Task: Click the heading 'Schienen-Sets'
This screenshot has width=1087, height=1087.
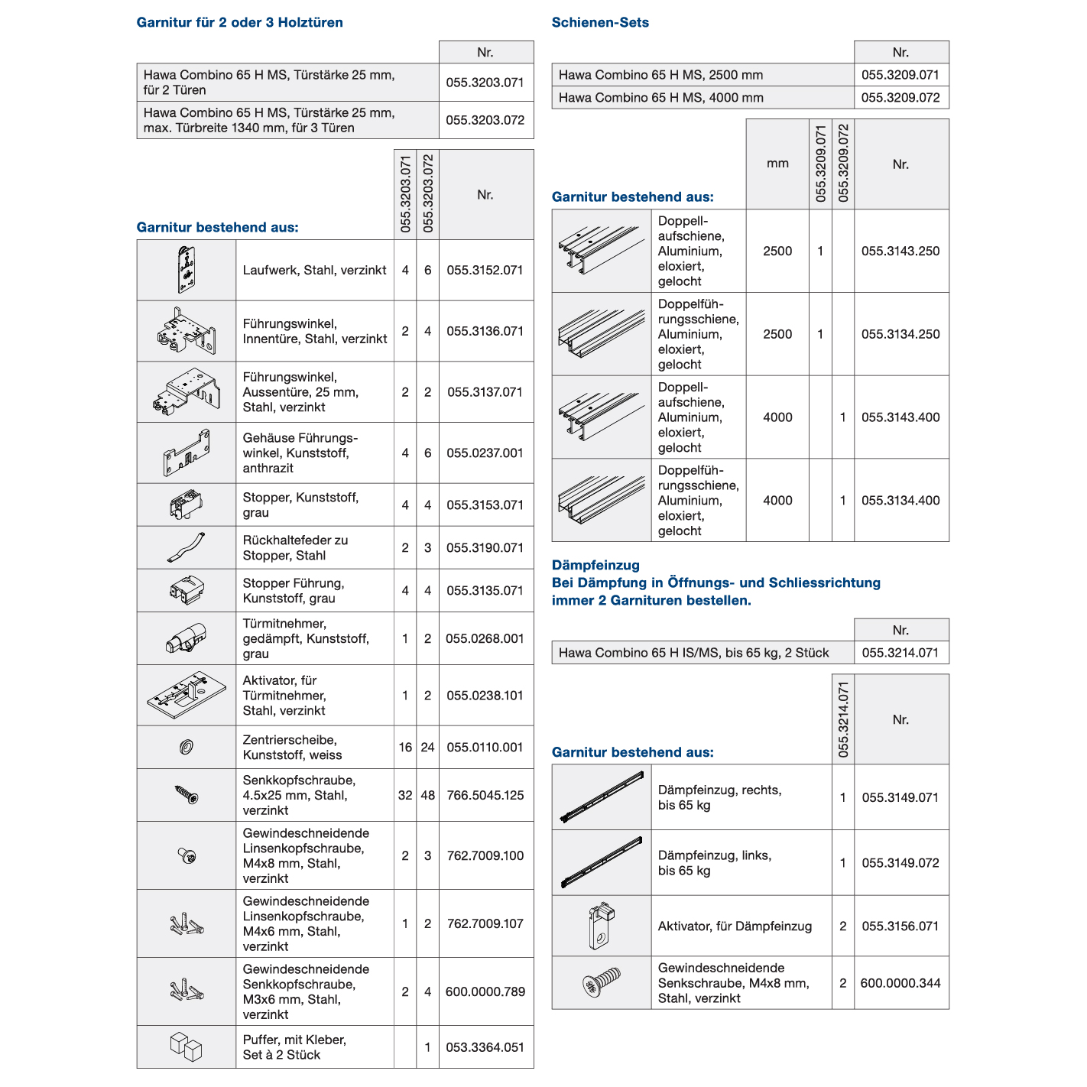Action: [x=600, y=23]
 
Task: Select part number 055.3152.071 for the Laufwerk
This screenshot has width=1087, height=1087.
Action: [x=485, y=271]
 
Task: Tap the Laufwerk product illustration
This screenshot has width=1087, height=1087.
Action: [x=186, y=270]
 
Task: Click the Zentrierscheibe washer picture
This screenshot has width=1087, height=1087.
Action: [x=186, y=747]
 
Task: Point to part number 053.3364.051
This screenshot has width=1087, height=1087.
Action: [x=485, y=1047]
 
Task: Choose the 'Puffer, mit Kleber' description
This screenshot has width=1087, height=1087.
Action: [x=294, y=1047]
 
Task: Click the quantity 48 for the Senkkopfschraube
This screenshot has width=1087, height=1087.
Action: [x=427, y=795]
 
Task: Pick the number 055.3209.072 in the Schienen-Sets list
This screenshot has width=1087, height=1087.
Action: [x=900, y=98]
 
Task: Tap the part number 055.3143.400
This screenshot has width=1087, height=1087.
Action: [x=900, y=417]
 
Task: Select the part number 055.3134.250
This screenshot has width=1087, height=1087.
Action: [x=900, y=334]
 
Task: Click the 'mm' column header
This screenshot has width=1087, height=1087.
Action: [x=777, y=164]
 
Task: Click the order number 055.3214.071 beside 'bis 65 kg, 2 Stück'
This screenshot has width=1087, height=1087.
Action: [x=900, y=653]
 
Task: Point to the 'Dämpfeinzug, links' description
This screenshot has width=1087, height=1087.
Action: [x=715, y=863]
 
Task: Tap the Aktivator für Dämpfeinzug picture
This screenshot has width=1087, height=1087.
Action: [x=601, y=926]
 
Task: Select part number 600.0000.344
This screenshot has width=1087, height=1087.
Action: [x=900, y=983]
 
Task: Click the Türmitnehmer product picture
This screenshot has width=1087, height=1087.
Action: [x=186, y=638]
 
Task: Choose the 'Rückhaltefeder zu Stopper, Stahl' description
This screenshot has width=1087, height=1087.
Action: [x=295, y=548]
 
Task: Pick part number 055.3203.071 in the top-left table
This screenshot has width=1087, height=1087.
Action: [x=485, y=83]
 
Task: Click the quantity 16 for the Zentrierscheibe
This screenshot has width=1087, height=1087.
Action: [x=405, y=748]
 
